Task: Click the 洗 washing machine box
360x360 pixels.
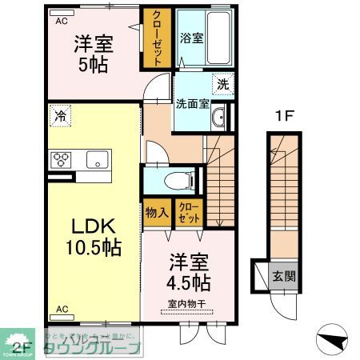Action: click(223, 82)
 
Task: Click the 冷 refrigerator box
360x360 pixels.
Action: click(61, 116)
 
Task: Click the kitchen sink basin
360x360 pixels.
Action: click(98, 159)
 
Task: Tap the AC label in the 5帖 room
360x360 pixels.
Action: click(62, 22)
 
